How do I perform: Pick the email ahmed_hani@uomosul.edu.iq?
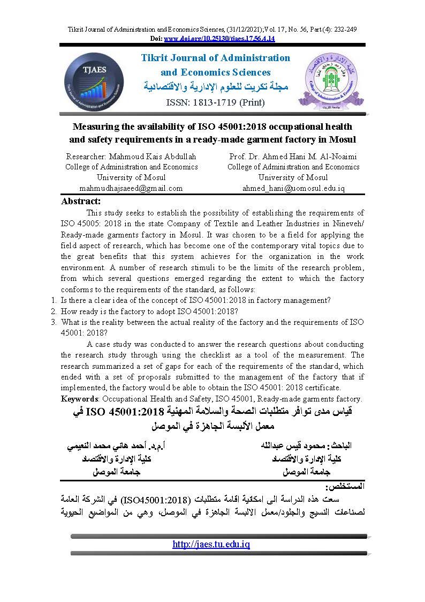pos(293,188)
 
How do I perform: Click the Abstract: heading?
pos(81,201)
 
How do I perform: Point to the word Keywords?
pos(79,398)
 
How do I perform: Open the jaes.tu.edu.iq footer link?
pos(211,544)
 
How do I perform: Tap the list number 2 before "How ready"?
pos(54,311)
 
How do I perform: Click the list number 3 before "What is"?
pos(54,322)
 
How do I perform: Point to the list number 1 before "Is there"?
pos(54,300)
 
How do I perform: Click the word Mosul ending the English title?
pos(343,139)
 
